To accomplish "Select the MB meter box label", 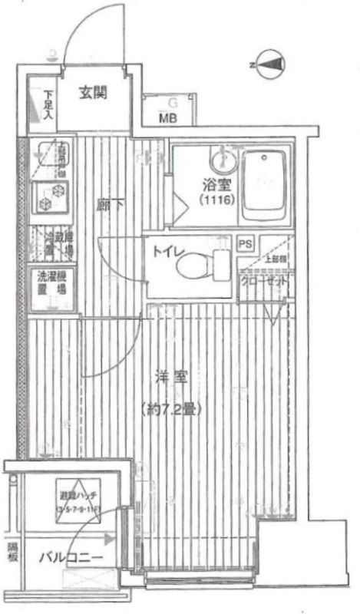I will (168, 117).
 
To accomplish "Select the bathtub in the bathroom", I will (264, 183).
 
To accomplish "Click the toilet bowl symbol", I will (200, 268).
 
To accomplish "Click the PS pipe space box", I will (245, 245).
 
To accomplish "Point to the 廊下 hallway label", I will (107, 206).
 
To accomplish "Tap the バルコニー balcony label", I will (71, 559).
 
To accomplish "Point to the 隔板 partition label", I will (12, 552).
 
